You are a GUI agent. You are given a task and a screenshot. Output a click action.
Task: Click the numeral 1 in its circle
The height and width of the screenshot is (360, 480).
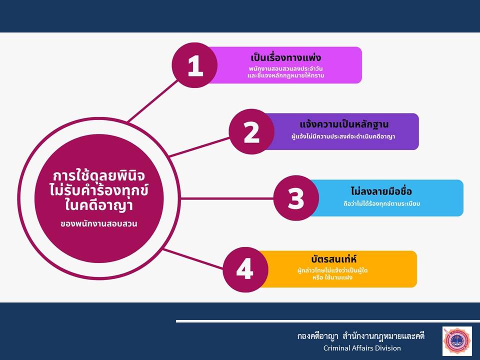[195, 66]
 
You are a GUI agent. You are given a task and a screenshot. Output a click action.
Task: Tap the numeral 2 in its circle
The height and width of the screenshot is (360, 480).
[251, 132]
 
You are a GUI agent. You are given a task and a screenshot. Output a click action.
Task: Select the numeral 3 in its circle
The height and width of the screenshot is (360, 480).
[296, 198]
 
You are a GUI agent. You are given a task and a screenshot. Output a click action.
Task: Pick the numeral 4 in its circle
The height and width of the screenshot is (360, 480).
[245, 269]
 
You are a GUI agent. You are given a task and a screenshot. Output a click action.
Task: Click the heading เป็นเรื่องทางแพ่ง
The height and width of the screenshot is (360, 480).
[285, 57]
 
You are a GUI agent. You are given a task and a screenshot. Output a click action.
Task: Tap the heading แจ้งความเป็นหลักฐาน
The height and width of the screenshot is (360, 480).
[344, 124]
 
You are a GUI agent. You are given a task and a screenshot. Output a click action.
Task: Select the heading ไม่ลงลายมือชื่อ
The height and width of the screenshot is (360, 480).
[381, 191]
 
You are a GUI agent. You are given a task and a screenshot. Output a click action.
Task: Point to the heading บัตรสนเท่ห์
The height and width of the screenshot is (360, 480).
[333, 259]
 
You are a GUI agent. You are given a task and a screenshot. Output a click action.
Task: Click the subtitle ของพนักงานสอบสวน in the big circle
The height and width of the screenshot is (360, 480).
[98, 224]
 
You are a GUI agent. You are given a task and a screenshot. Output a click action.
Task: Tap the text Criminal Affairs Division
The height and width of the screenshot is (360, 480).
[362, 348]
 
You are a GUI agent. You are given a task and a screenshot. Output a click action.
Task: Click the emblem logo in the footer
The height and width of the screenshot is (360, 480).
[457, 341]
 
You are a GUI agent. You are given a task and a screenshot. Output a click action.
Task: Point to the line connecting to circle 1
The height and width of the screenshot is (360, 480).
[152, 101]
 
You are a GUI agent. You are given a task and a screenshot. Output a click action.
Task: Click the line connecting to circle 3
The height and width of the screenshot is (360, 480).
[227, 198]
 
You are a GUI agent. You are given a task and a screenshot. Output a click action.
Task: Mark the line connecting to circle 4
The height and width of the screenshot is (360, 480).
[193, 259]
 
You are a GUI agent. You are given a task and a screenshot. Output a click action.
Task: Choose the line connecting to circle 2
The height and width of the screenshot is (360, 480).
[199, 147]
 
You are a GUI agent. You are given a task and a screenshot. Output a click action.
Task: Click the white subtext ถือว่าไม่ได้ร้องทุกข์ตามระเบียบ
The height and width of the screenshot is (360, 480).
[381, 203]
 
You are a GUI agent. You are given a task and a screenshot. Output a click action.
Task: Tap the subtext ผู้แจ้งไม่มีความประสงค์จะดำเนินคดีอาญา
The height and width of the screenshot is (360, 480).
[343, 136]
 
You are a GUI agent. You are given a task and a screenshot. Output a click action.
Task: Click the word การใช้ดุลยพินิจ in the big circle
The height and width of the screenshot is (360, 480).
[98, 176]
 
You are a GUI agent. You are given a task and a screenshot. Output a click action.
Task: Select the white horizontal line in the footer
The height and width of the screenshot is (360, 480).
[328, 321]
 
